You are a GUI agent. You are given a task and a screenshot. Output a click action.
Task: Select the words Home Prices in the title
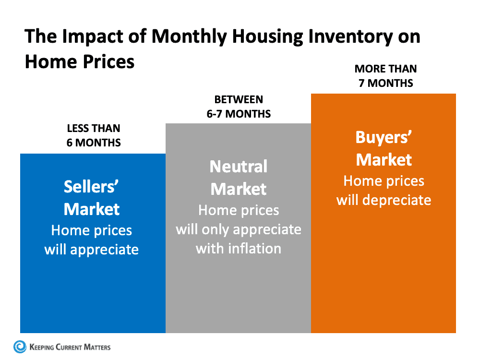(80, 62)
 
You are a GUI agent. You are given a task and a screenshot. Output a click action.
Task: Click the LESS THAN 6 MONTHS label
(94, 136)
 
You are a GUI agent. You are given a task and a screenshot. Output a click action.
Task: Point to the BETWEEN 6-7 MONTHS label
(239, 107)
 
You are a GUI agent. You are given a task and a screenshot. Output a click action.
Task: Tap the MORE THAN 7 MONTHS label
(385, 76)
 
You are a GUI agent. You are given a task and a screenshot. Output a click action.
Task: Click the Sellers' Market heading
(92, 198)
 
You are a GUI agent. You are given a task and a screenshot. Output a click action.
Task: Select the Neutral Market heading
(239, 178)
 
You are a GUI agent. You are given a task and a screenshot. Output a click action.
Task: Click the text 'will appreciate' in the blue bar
(92, 250)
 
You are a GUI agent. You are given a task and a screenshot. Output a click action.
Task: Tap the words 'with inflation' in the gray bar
(239, 248)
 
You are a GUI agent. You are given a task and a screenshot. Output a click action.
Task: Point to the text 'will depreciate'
(384, 200)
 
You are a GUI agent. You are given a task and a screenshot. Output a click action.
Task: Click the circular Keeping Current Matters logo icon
(20, 347)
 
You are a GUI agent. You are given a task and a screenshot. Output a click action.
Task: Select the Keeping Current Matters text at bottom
(70, 347)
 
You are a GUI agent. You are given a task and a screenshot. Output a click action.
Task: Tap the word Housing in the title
(249, 37)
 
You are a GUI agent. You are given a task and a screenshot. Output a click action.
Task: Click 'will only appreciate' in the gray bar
(239, 229)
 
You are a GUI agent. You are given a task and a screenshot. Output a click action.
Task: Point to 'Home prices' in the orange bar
(384, 181)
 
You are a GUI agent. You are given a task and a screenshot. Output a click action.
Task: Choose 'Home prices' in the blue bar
(92, 230)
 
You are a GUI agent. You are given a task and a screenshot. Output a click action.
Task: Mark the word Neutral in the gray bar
(239, 167)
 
